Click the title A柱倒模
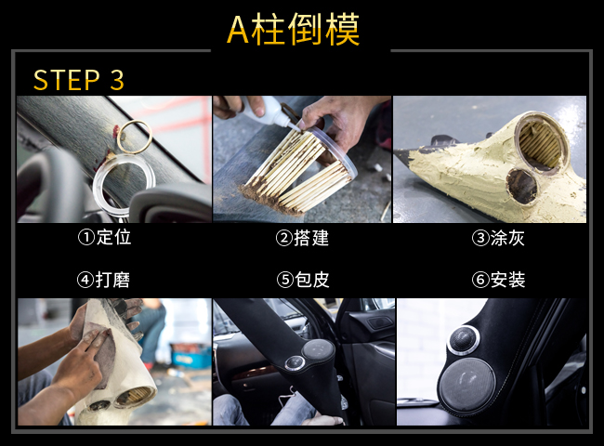tap(293, 30)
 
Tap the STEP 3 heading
tap(79, 80)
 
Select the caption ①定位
tap(104, 237)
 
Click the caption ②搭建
tap(302, 238)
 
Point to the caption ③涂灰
tap(498, 238)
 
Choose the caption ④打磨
tap(104, 280)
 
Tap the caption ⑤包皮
tap(303, 280)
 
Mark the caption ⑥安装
tap(498, 280)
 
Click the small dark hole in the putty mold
tap(521, 185)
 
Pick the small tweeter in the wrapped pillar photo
tap(295, 363)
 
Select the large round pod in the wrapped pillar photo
tap(319, 350)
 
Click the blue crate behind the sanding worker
tap(191, 355)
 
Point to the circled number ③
tap(480, 238)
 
